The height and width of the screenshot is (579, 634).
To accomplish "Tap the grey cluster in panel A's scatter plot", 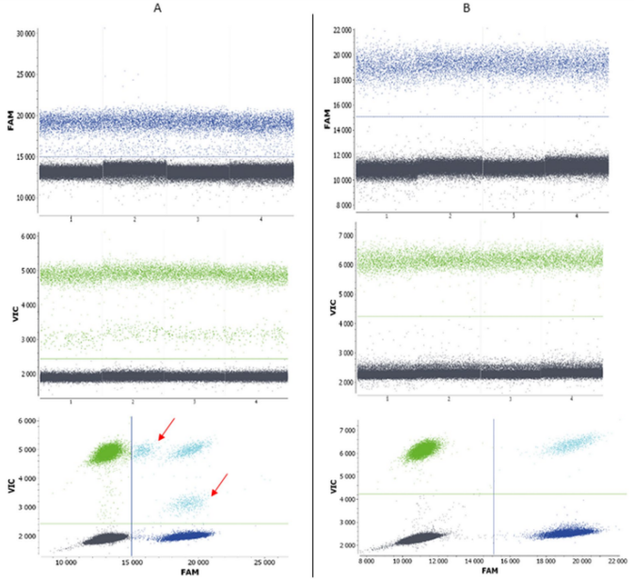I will (x=104, y=539).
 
